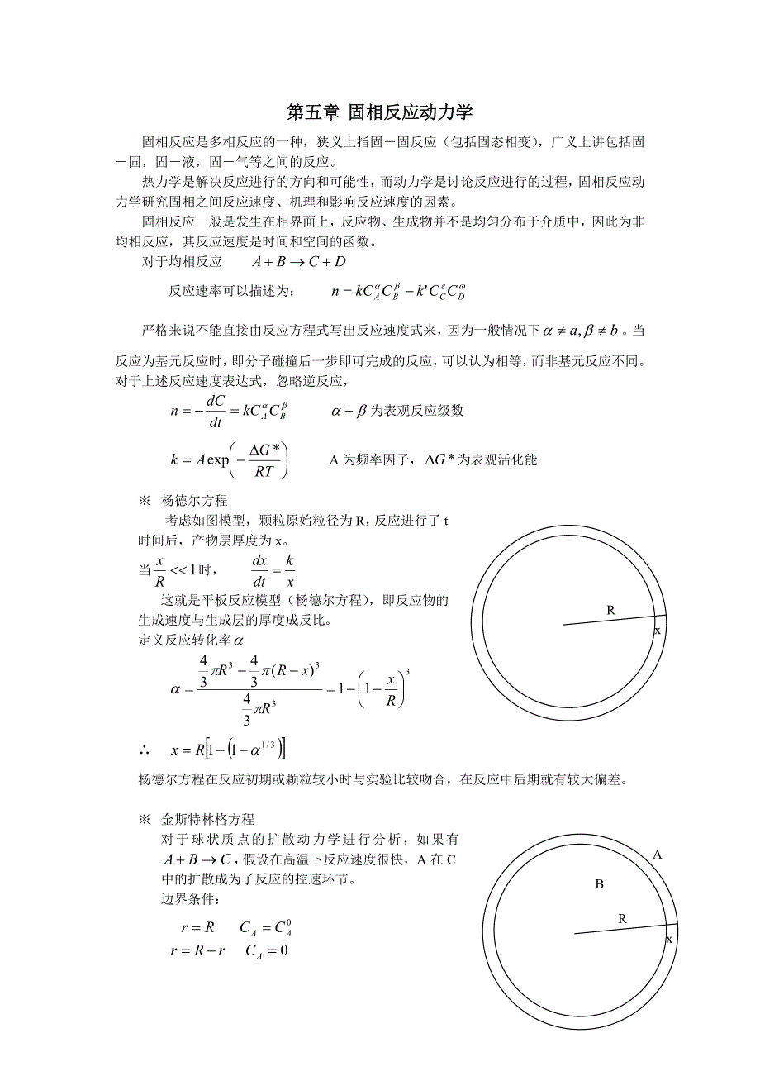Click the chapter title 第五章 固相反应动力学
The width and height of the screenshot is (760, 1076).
click(379, 112)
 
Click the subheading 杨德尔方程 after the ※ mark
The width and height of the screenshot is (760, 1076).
click(195, 500)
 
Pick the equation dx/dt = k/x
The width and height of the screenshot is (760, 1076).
click(273, 570)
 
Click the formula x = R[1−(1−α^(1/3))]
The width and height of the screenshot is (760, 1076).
click(228, 750)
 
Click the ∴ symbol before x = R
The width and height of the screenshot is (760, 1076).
click(145, 750)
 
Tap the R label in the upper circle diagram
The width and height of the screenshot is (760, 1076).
click(610, 610)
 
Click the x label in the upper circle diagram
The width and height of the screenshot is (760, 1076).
click(658, 631)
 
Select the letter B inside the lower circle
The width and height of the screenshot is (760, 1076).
click(599, 884)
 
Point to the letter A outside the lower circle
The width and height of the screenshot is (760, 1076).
click(658, 855)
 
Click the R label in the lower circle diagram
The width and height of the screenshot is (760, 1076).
click(622, 918)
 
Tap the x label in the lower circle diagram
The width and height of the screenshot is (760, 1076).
click(669, 940)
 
